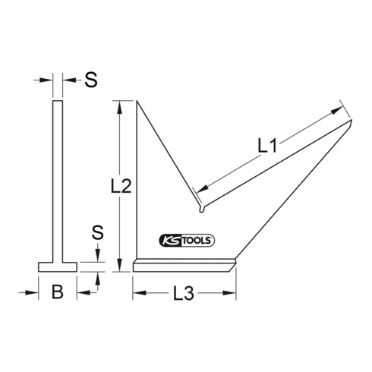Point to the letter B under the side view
click(57, 292)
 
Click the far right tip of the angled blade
click(352, 119)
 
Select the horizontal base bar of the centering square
click(184, 265)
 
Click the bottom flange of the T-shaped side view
click(57, 266)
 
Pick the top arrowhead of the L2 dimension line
click(119, 106)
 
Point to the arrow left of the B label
click(33, 292)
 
